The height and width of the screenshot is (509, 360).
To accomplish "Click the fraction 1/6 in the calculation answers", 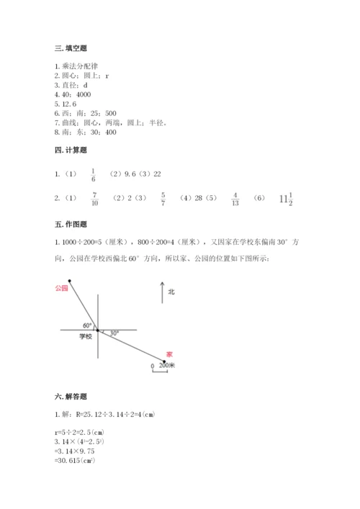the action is [93, 174].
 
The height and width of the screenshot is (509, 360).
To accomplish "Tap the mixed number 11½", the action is [287, 197].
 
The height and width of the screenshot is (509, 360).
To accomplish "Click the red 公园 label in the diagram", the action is [60, 287].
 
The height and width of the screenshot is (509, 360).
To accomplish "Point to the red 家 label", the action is [168, 354].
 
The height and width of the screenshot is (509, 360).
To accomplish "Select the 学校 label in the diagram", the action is [86, 336].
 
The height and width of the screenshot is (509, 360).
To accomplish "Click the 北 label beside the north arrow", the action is [171, 292].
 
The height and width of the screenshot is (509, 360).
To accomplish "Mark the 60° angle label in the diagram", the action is [87, 325].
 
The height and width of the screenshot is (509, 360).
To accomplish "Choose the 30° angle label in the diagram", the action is [114, 333].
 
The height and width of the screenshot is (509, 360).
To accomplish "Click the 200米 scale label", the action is [167, 366].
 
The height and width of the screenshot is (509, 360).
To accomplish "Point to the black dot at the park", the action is [69, 281].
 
